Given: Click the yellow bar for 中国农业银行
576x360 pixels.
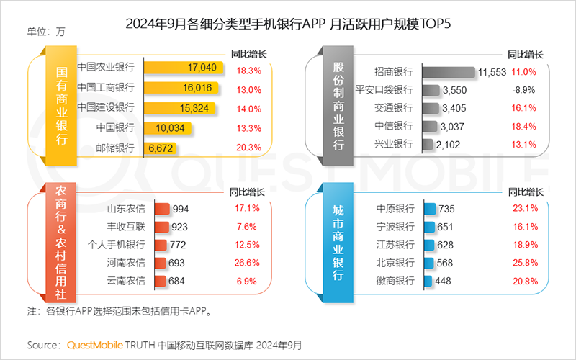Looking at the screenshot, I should (180, 68).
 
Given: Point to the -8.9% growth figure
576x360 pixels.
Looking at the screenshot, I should (523, 90).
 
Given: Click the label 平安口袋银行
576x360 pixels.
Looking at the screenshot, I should (384, 90).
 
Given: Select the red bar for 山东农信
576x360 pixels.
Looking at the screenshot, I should (161, 209).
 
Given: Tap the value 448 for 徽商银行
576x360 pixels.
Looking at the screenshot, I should (443, 281).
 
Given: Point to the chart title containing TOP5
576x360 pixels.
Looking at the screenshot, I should (287, 24).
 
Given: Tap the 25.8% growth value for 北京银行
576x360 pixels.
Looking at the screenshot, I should (523, 262).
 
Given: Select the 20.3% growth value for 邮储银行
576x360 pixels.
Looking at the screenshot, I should (248, 148).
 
